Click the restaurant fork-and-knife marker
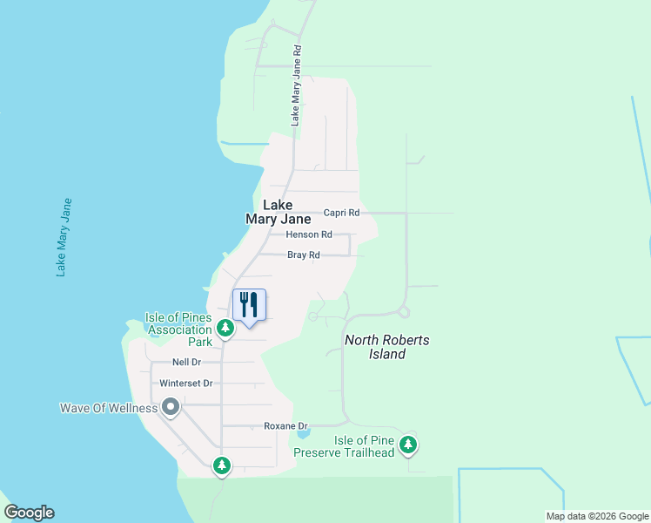[x=249, y=305]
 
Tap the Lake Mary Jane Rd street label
[x=296, y=86]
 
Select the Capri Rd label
[x=341, y=213]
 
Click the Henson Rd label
[x=309, y=234]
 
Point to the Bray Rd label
[x=304, y=255]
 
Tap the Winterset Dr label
[x=180, y=384]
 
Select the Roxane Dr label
[x=286, y=426]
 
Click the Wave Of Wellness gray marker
[x=171, y=407]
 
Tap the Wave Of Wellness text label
[x=108, y=408]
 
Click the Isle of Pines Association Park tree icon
[x=225, y=329]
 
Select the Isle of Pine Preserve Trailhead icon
[x=408, y=446]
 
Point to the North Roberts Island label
[x=386, y=347]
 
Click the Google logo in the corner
[x=29, y=513]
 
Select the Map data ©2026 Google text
[x=596, y=516]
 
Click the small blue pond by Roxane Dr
[x=302, y=432]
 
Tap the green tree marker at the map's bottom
[x=222, y=465]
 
